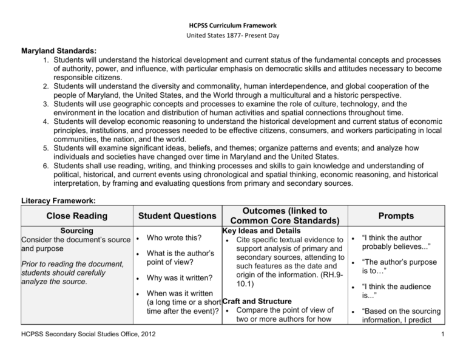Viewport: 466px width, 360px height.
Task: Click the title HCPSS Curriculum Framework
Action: [x=233, y=25]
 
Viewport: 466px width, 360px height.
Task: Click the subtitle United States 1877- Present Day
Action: [x=233, y=38]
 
